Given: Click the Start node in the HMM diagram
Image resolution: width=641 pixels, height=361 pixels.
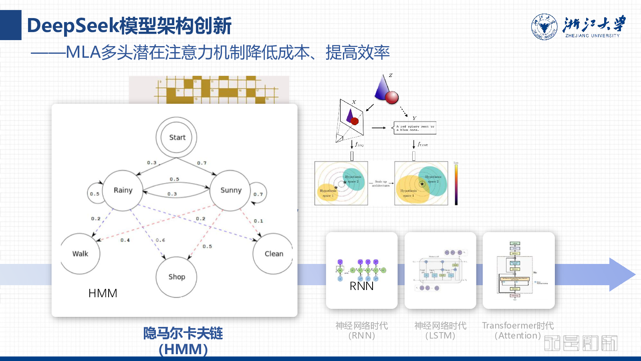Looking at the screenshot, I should click(x=176, y=137).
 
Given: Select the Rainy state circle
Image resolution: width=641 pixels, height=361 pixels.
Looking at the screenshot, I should click(x=123, y=190).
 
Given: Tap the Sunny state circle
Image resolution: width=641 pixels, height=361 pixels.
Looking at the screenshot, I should click(x=230, y=190).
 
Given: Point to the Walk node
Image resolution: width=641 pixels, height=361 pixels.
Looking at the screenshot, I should click(x=80, y=254).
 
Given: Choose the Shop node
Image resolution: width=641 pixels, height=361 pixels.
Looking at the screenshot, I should click(x=176, y=277).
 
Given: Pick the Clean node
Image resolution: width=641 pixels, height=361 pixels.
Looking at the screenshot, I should click(x=273, y=254).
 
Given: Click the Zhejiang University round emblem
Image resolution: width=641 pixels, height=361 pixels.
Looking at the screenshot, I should click(x=544, y=27).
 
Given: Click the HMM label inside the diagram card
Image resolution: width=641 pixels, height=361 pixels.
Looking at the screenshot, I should click(x=103, y=293).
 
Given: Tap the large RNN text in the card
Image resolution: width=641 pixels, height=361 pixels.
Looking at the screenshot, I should click(x=361, y=286).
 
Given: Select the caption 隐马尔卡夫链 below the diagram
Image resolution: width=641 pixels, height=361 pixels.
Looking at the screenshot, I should click(x=183, y=333).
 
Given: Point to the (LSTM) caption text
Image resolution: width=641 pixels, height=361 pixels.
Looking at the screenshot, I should click(x=440, y=336).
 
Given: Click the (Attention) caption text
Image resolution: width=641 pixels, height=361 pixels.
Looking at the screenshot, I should click(x=518, y=336).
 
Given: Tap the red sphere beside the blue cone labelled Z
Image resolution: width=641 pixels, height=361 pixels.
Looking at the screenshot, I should click(x=391, y=97).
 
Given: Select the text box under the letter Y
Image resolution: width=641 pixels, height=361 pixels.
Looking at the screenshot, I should click(x=415, y=128).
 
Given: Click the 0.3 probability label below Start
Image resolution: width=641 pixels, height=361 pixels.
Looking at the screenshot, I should click(x=151, y=163).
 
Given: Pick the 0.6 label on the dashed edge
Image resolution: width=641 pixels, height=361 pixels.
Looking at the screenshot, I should click(x=160, y=240).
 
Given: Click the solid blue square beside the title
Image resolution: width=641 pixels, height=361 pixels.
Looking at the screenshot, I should click(x=10, y=25).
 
